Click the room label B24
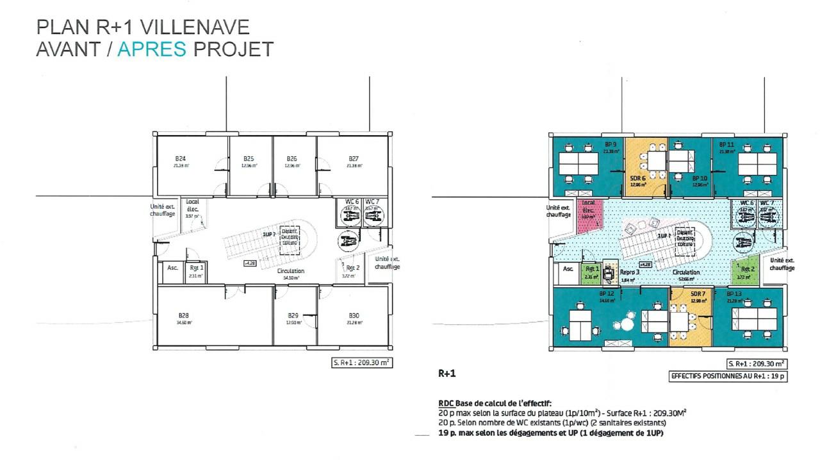coord(181,158)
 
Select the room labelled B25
coord(249,158)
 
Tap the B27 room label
coord(353,158)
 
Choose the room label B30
coord(353,315)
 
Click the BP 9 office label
coord(610,144)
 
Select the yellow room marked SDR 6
coord(637,177)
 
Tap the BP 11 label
coord(726,145)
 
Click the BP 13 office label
coord(734,293)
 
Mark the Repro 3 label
coord(629,272)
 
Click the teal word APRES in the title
coord(152,49)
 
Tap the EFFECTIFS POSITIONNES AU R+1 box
coord(727,377)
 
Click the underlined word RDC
coord(446,404)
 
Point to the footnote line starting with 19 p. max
coord(550,434)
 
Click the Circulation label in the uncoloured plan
coord(290,271)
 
